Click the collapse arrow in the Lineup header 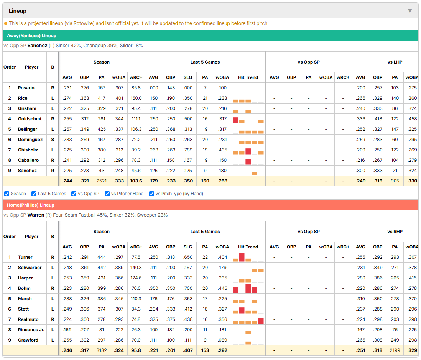pyautogui.click(x=410, y=11)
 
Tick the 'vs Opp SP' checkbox pyautogui.click(x=74, y=194)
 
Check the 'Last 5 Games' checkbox pyautogui.click(x=34, y=194)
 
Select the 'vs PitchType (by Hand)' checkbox pyautogui.click(x=152, y=194)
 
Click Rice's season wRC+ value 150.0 pyautogui.click(x=136, y=98)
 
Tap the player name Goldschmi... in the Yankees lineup pyautogui.click(x=31, y=119)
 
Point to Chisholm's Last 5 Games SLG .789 pyautogui.click(x=188, y=150)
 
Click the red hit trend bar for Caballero pyautogui.click(x=248, y=162)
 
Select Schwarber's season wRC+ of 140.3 pyautogui.click(x=136, y=268)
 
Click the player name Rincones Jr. pyautogui.click(x=31, y=330)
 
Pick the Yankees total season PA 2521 pyautogui.click(x=102, y=181)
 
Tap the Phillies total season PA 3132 pyautogui.click(x=102, y=350)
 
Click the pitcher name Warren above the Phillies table pyautogui.click(x=36, y=215)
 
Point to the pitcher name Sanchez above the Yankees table pyautogui.click(x=37, y=46)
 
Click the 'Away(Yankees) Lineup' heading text pyautogui.click(x=32, y=36)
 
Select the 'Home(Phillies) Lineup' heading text pyautogui.click(x=31, y=205)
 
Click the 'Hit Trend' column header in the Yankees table pyautogui.click(x=248, y=77)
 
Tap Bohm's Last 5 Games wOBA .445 pyautogui.click(x=222, y=288)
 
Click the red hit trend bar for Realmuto pyautogui.click(x=261, y=321)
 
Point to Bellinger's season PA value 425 pyautogui.click(x=102, y=130)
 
